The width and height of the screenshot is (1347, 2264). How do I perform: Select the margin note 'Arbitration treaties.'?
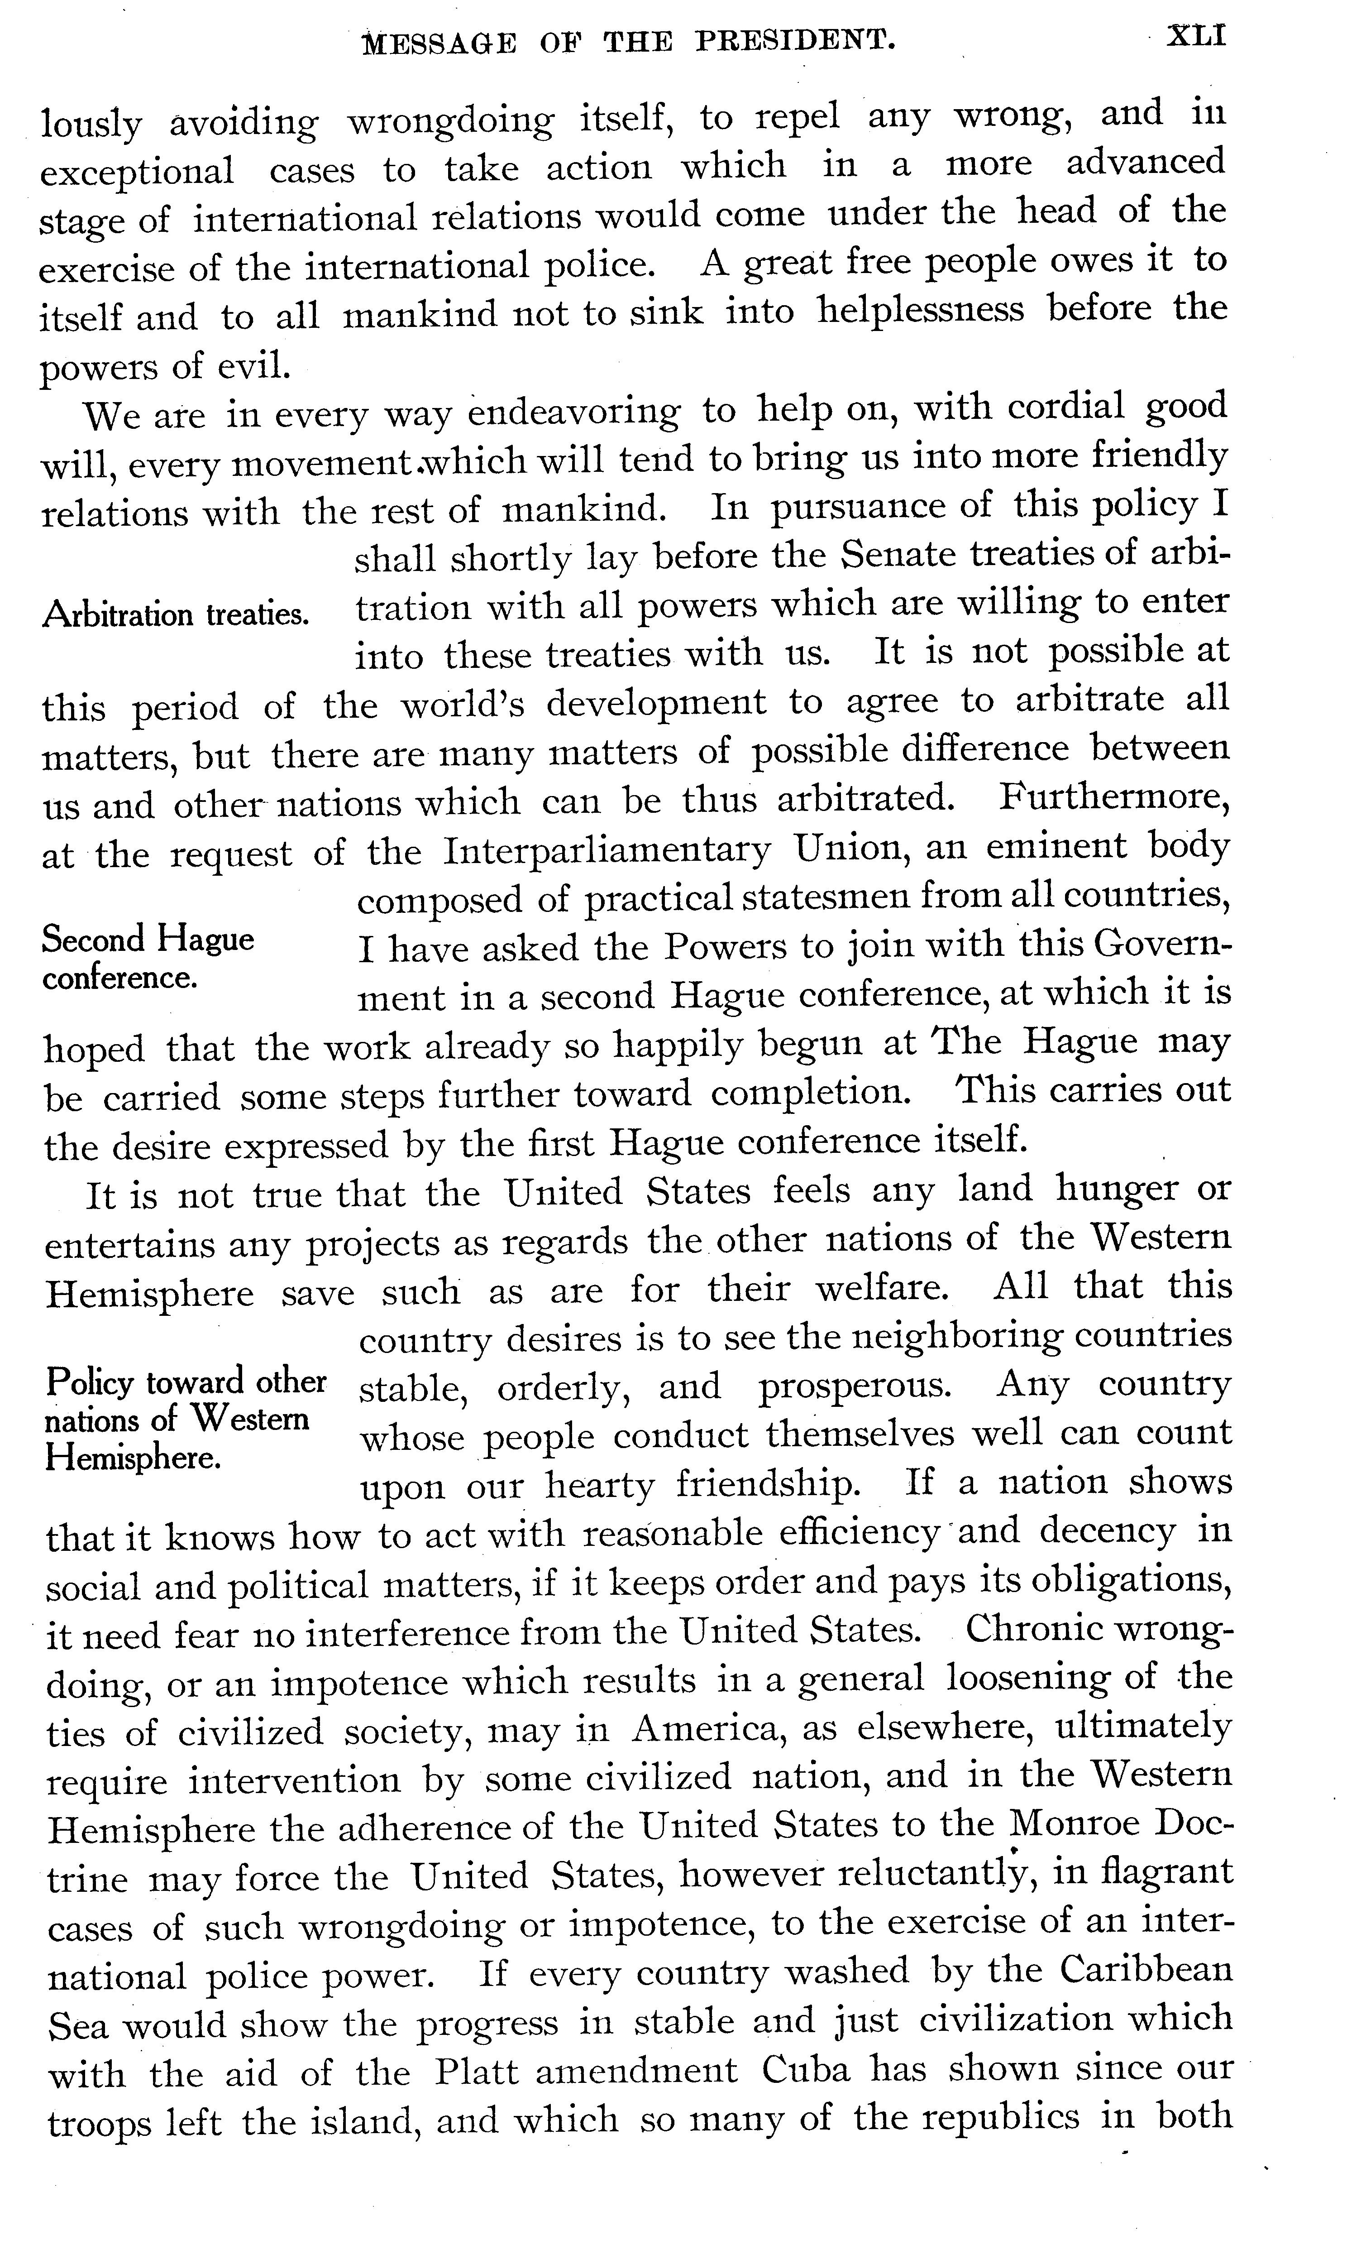(176, 614)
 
